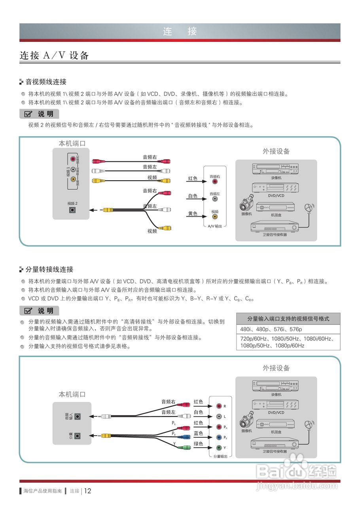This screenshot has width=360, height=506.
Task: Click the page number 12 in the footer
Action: [x=88, y=491]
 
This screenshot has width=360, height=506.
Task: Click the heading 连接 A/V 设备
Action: [x=54, y=56]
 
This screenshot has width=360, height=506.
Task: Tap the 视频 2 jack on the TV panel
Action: [x=72, y=210]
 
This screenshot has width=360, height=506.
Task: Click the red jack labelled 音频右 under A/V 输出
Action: [x=215, y=181]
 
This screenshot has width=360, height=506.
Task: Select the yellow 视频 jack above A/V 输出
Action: [x=215, y=216]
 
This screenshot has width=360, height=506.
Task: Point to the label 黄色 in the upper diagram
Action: [x=193, y=213]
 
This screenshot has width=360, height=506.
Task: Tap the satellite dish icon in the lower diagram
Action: [x=308, y=425]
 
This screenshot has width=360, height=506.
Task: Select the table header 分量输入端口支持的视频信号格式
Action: [x=288, y=319]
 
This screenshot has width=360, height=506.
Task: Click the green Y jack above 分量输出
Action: [x=219, y=448]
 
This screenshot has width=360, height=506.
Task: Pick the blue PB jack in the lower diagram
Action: [x=219, y=438]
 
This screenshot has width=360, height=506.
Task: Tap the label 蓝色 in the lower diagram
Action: [x=199, y=433]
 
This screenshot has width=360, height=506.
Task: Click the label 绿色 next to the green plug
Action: [x=199, y=444]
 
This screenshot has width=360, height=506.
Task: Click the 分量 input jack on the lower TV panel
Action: [x=78, y=436]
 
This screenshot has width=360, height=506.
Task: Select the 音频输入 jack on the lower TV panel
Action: [x=78, y=416]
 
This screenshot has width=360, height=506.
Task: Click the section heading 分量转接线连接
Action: [x=49, y=270]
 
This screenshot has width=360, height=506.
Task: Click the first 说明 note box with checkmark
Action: [x=39, y=114]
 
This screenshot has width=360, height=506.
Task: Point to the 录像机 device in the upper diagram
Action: [x=276, y=169]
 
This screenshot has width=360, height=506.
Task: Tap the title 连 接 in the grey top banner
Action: [x=180, y=32]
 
